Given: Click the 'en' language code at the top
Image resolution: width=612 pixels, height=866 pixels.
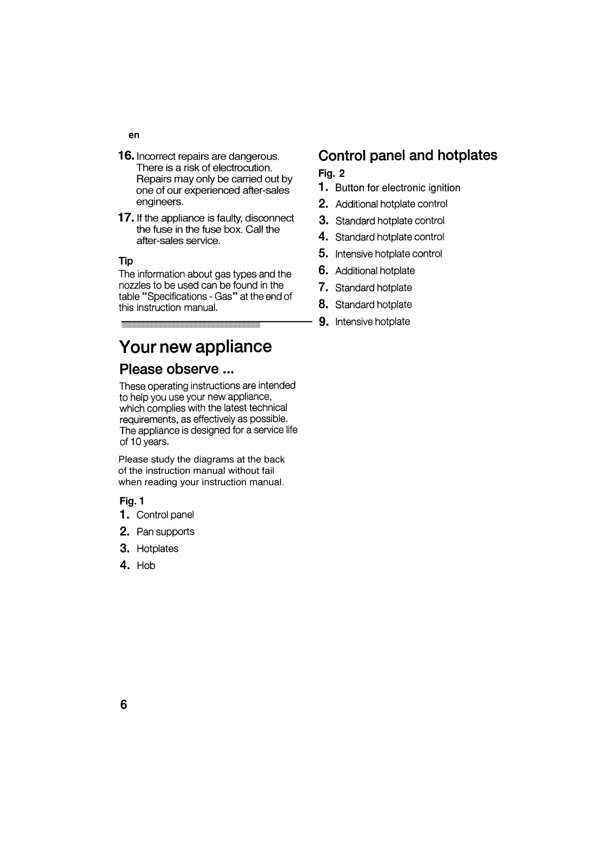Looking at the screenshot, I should click(x=134, y=135).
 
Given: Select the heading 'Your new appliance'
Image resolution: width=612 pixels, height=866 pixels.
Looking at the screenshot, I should click(x=195, y=346).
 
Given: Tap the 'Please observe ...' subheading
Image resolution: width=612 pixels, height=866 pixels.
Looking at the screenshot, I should click(x=176, y=369).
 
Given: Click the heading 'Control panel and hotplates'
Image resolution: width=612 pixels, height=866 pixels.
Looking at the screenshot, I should click(x=408, y=156).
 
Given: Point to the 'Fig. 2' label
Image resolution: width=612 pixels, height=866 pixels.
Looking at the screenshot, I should click(x=331, y=174).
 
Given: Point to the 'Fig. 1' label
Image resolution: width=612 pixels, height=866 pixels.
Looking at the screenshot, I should click(x=131, y=501).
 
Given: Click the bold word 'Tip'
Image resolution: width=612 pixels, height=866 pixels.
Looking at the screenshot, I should click(x=126, y=261).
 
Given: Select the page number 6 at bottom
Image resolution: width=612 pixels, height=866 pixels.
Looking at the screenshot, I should click(x=124, y=705).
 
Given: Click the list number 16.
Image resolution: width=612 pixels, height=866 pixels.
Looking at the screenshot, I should click(x=126, y=156).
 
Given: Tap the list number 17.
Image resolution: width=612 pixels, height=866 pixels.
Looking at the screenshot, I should click(x=126, y=218).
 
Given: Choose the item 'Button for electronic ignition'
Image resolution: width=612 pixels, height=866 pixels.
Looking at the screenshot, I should click(x=397, y=188).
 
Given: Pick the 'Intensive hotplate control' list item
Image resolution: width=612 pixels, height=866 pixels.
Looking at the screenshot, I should click(x=388, y=254).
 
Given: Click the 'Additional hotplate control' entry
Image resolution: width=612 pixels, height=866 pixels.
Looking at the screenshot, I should click(x=391, y=204).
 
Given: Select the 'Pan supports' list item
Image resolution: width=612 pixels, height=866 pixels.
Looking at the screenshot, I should click(x=165, y=532).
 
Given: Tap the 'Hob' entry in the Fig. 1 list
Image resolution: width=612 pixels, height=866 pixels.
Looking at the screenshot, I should click(x=145, y=566).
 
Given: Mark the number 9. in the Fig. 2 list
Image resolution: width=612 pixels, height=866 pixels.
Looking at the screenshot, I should click(x=324, y=322).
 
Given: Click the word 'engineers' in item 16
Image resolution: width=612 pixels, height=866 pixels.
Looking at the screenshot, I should click(x=159, y=202).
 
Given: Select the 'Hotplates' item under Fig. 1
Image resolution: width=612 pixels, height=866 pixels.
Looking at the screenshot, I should click(x=157, y=548).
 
